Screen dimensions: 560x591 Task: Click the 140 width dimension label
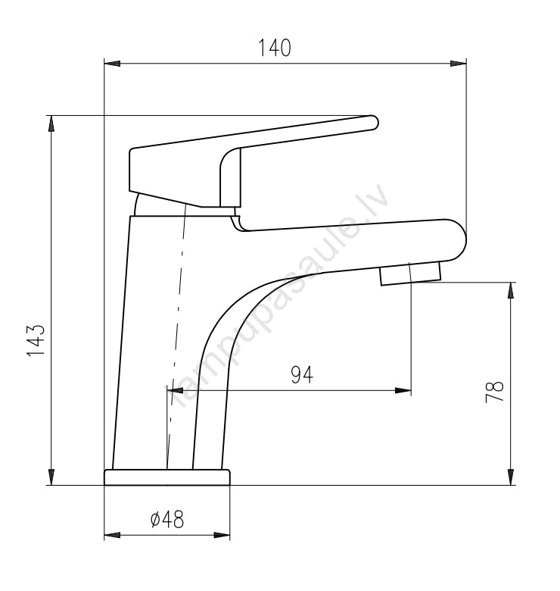tap(275, 48)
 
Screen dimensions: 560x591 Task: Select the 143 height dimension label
tap(36, 339)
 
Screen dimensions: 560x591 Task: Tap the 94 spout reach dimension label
tap(302, 374)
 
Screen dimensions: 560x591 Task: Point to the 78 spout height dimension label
tap(494, 392)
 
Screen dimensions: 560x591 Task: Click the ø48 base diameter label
tap(167, 519)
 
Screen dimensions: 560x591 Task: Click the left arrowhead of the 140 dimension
tap(112, 64)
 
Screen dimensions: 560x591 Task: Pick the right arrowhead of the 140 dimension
tap(458, 64)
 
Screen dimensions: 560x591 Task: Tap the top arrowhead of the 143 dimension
tap(51, 124)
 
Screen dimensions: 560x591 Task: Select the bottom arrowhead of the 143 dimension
tap(51, 477)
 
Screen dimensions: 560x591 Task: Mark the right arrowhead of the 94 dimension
tap(403, 390)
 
